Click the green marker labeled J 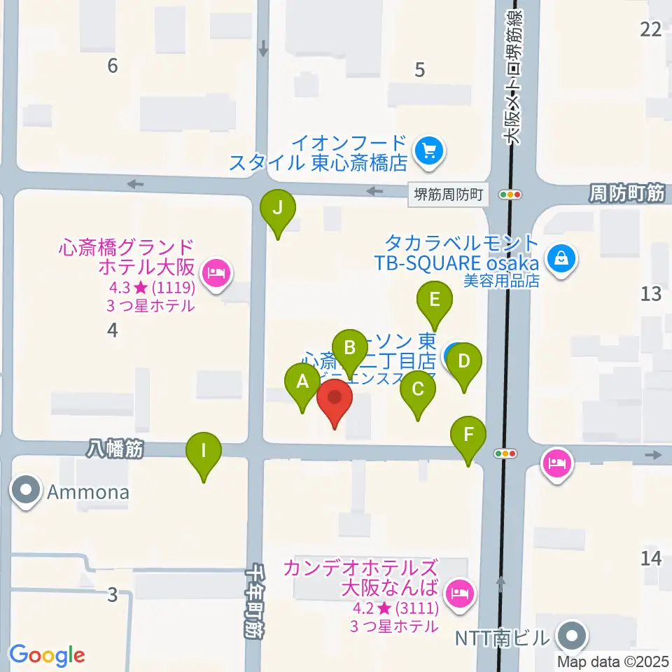278,209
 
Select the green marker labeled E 435,301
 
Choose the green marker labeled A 303,383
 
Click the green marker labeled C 418,389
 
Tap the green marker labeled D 463,363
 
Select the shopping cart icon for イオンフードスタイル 428,150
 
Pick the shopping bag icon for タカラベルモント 561,258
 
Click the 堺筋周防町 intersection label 448,195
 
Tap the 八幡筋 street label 116,449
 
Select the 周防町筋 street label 626,194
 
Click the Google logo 47,655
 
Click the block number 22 651,29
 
